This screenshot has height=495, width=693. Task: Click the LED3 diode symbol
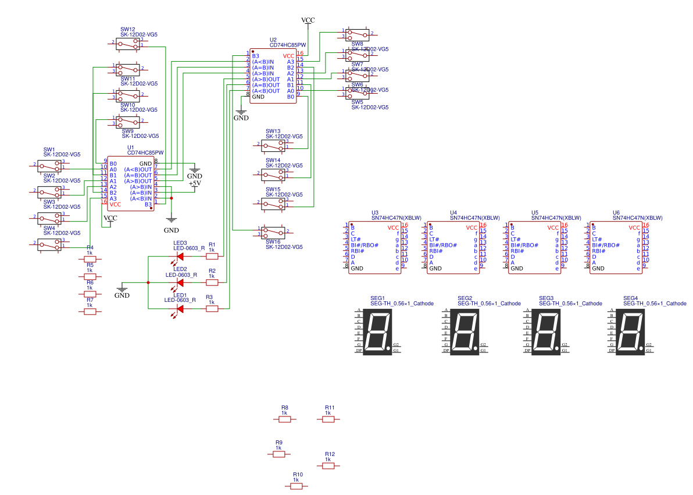coord(180,256)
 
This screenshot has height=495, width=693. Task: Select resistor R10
coord(297,486)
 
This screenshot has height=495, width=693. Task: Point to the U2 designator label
coord(273,40)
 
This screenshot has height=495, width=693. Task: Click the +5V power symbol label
coord(195,183)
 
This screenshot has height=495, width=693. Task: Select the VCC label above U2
coord(308,20)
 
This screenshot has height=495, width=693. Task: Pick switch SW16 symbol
coord(273,232)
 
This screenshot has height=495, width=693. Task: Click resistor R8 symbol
coord(285,419)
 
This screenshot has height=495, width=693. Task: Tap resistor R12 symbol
coord(328,465)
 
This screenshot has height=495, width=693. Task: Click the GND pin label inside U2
coord(259,97)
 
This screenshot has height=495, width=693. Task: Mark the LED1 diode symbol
coord(180,308)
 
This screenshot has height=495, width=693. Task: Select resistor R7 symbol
coord(90,312)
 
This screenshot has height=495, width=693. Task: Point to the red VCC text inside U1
coord(115,204)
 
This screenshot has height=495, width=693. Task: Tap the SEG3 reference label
coord(548,298)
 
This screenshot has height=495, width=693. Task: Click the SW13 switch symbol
coord(273,144)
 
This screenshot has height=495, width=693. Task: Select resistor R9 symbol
coord(279,454)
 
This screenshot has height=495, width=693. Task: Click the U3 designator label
coord(375,213)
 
